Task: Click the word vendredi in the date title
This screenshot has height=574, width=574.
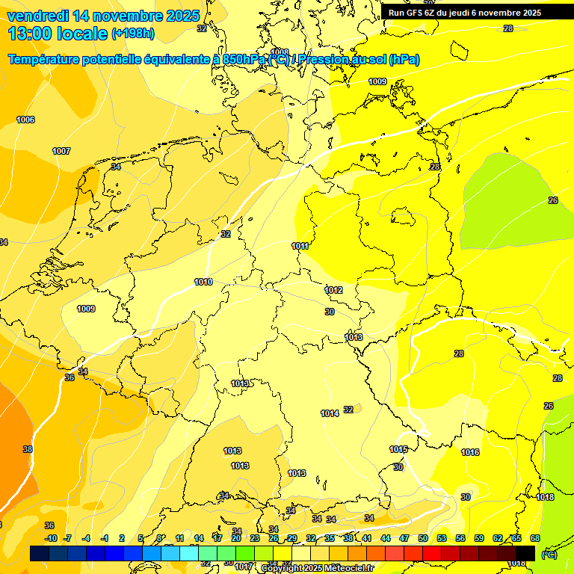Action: click(x=38, y=16)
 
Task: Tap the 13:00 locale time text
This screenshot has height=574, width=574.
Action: click(x=58, y=34)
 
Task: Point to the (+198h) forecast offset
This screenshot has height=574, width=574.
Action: click(x=133, y=34)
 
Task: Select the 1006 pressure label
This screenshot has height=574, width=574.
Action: click(x=25, y=120)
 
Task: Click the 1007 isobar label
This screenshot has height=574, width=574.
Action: click(x=61, y=151)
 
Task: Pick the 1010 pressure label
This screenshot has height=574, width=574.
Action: click(x=203, y=282)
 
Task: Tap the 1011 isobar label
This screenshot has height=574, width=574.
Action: click(x=300, y=246)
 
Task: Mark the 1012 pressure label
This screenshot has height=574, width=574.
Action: click(x=333, y=290)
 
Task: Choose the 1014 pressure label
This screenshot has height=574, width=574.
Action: click(x=330, y=413)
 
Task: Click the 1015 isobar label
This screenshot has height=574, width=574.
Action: click(x=398, y=449)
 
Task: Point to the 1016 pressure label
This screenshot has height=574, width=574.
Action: click(x=470, y=452)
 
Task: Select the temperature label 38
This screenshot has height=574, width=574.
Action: click(x=28, y=449)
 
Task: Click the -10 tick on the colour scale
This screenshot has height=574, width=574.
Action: click(x=51, y=538)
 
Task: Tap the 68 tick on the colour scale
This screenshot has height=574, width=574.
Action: click(x=535, y=538)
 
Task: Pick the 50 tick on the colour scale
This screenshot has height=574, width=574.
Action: click(x=423, y=538)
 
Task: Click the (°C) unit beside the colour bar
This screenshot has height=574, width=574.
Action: click(x=549, y=555)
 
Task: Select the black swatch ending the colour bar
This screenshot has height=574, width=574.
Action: click(x=525, y=553)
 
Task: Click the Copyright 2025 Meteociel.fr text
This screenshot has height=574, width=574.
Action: click(x=317, y=569)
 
